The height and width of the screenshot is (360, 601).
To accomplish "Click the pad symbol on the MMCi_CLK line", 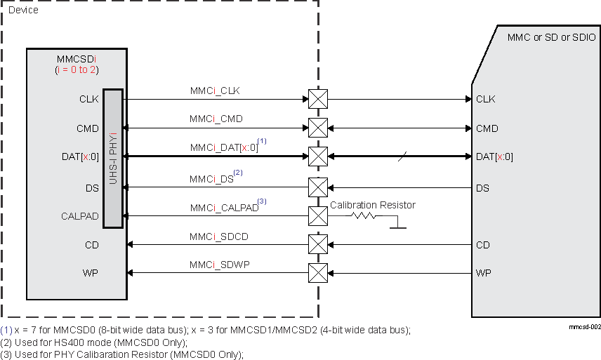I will pyautogui.click(x=318, y=99).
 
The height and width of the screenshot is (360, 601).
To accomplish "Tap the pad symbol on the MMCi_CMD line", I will pyautogui.click(x=318, y=128).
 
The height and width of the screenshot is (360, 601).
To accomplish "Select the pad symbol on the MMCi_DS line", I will pyautogui.click(x=318, y=188).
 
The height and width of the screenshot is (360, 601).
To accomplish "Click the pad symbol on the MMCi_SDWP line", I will pyautogui.click(x=318, y=272).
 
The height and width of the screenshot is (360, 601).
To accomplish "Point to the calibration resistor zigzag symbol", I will pyautogui.click(x=363, y=217).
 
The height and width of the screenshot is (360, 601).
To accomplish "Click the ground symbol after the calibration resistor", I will pyautogui.click(x=397, y=225).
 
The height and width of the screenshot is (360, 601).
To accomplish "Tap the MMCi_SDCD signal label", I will pyautogui.click(x=219, y=236).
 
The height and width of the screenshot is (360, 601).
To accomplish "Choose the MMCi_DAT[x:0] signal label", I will pyautogui.click(x=224, y=148).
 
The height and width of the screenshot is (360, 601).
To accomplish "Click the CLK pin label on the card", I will pyautogui.click(x=485, y=99).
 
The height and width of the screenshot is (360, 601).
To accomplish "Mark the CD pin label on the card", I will pyautogui.click(x=482, y=245).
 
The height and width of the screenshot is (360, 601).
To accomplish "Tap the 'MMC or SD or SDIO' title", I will pyautogui.click(x=551, y=37).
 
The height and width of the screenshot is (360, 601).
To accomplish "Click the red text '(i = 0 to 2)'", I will pyautogui.click(x=77, y=70).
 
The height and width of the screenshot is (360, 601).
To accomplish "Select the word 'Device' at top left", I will pyautogui.click(x=23, y=11).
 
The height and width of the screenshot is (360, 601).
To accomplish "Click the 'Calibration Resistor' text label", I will pyautogui.click(x=372, y=205).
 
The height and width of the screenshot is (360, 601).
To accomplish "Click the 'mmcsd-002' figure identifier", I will pyautogui.click(x=584, y=327).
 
